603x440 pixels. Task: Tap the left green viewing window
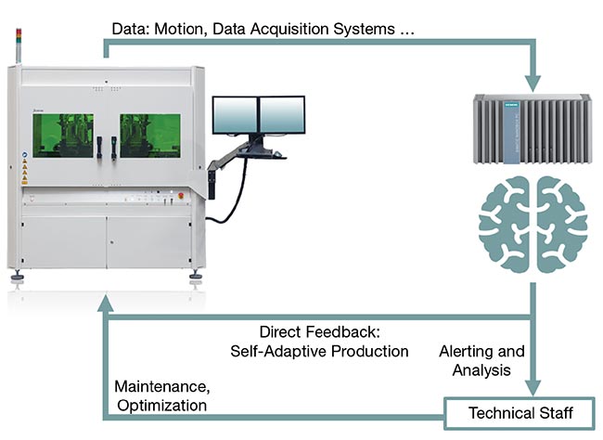63,136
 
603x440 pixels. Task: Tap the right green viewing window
149,136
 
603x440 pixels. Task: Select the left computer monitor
234,114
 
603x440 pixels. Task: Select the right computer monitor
280,114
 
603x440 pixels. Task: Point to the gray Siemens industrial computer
531,129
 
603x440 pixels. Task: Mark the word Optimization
160,406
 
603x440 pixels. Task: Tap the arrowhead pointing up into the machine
106,298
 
